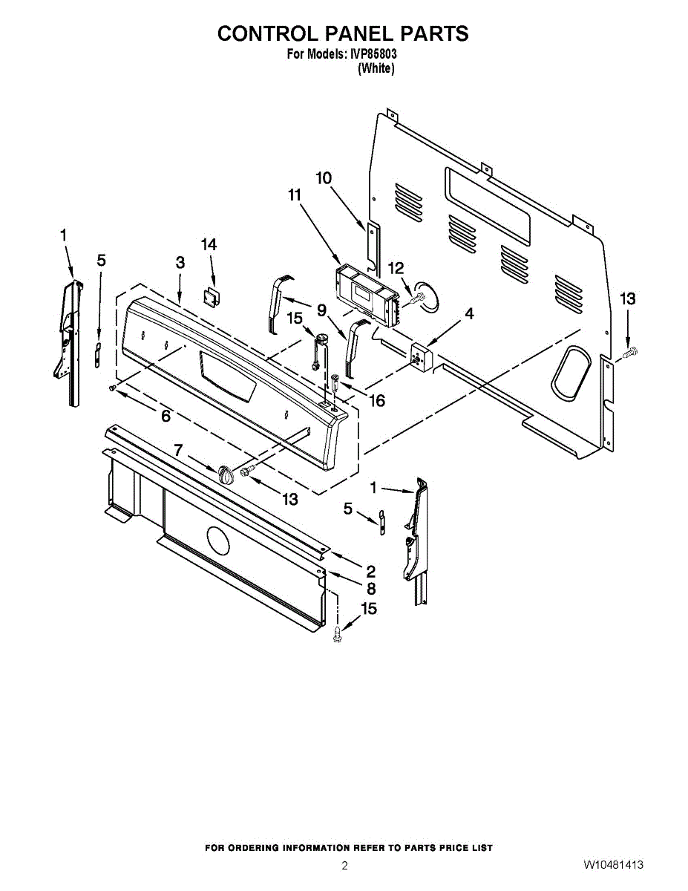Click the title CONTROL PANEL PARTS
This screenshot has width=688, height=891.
point(343,33)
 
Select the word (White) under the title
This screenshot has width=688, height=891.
point(376,68)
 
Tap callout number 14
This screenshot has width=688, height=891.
point(209,244)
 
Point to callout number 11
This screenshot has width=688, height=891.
point(295,195)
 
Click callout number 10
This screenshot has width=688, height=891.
point(324,178)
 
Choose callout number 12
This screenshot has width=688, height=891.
point(396,267)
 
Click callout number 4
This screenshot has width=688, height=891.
point(469,314)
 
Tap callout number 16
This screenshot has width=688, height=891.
point(376,401)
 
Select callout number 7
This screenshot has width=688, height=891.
point(178,449)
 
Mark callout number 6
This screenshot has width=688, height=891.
point(166,417)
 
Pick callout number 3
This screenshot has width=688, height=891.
point(180,262)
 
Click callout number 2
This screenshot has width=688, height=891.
point(370,571)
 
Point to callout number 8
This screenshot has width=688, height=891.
point(370,588)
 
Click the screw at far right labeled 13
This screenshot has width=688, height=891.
point(630,353)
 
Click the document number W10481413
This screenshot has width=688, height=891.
point(612,865)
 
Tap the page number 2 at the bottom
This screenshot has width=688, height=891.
point(344,865)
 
